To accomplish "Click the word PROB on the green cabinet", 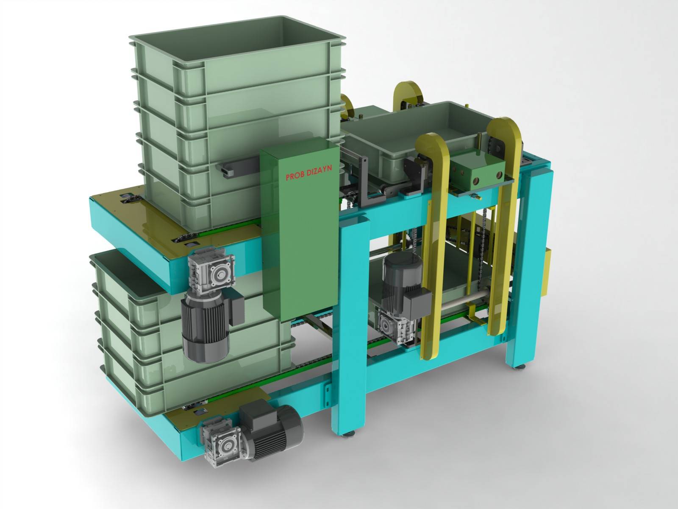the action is point(295,176).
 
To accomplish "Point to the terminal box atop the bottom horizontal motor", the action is point(256,411).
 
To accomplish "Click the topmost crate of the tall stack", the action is point(237,53).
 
